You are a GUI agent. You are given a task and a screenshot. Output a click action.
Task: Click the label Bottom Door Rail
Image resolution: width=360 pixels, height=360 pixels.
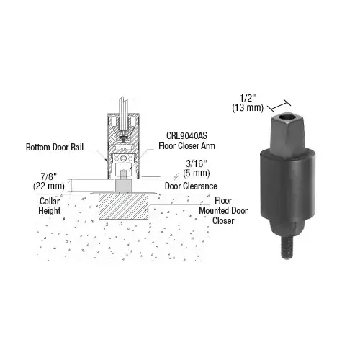coord(55,147)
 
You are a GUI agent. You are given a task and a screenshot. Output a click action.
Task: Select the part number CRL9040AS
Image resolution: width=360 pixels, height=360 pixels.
coord(186,135)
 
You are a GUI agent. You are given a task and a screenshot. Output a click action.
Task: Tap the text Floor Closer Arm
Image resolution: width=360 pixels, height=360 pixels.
coord(186,146)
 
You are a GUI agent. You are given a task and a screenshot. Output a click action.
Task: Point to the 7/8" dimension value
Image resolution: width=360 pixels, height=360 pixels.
coord(48,176)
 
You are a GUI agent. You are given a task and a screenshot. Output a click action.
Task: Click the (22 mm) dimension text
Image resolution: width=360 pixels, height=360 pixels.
coord(49,186)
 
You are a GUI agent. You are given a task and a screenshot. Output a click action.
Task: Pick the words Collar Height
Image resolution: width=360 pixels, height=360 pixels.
coord(50,206)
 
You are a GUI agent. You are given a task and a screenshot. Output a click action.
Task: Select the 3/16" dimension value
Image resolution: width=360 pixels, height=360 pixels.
coord(197,163)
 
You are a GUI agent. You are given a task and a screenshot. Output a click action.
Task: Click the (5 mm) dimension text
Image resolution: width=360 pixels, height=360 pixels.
coord(197,173)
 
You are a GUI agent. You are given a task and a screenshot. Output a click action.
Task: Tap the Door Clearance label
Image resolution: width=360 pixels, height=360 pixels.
coord(191,186)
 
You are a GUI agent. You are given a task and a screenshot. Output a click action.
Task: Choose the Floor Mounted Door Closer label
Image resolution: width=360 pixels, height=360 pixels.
coord(223,211)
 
